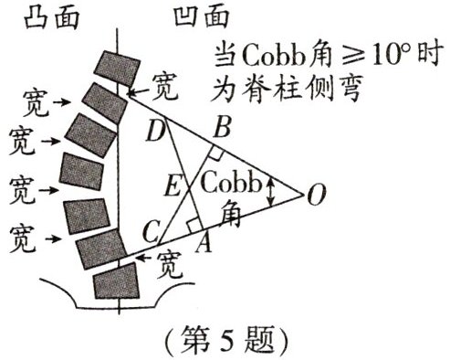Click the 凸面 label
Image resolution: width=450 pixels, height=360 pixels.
click(x=37, y=16)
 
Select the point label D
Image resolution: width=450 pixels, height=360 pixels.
click(x=156, y=133)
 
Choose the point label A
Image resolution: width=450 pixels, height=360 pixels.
click(x=205, y=242)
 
